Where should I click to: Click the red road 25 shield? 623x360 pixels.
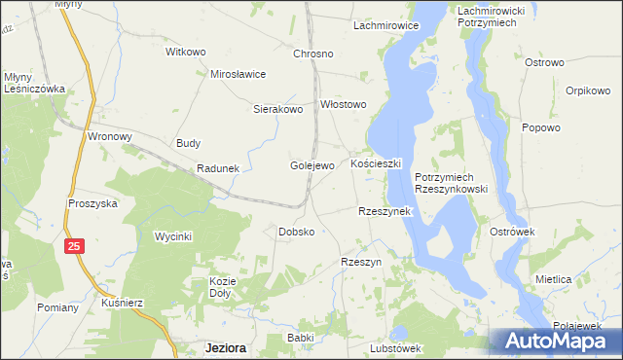(75, 247)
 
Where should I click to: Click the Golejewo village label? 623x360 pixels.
(312, 165)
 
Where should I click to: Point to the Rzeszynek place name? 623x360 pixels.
(386, 211)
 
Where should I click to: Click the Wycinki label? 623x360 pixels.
(174, 236)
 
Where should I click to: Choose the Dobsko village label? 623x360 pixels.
(296, 232)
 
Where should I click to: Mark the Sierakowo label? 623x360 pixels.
(279, 110)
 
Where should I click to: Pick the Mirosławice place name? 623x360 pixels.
(238, 74)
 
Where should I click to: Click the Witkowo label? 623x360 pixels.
(187, 51)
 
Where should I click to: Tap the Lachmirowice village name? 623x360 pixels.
(385, 25)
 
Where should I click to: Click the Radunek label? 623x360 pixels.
(218, 168)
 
